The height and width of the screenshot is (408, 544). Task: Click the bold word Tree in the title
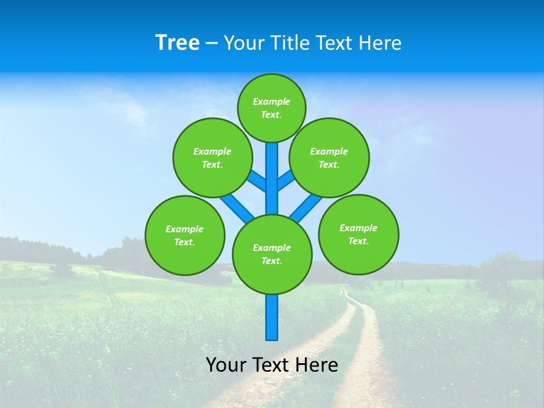(x=177, y=43)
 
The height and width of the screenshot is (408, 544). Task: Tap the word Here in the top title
(x=380, y=43)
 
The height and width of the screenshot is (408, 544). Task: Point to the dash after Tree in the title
(x=211, y=44)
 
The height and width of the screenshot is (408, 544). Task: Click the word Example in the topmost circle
(x=271, y=101)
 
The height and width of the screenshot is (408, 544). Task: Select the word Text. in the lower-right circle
(x=358, y=241)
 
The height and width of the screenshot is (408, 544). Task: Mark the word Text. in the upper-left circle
(x=212, y=164)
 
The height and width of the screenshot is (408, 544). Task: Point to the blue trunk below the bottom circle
(x=272, y=317)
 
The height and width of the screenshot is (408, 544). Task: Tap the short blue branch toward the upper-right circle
(x=286, y=181)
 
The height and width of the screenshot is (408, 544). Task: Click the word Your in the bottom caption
(x=226, y=364)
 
